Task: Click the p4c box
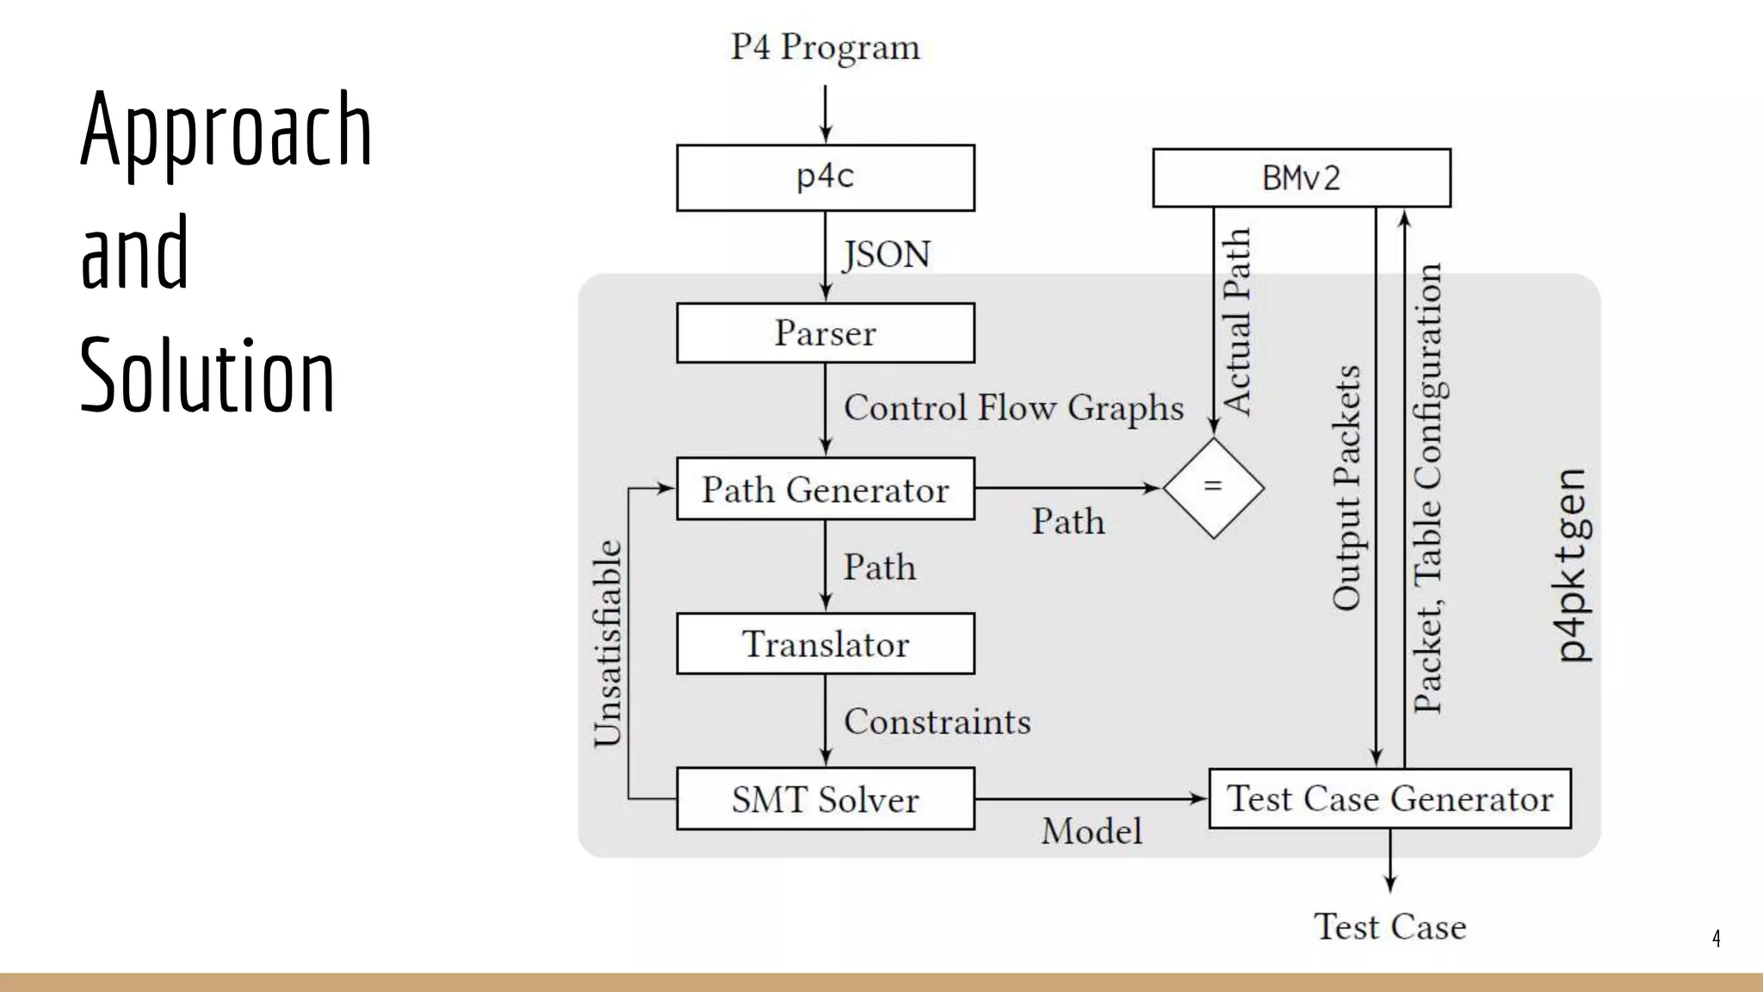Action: (825, 177)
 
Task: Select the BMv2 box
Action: (1301, 178)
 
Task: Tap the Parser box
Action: (825, 333)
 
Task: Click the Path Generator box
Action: (825, 489)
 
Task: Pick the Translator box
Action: (825, 644)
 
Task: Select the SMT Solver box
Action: (825, 799)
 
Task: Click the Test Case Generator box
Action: (1389, 799)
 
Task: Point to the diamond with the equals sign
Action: (1213, 488)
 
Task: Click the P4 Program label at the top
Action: (825, 47)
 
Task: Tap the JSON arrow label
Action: (886, 255)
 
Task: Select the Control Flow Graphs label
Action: (1013, 407)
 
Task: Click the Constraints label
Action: (937, 722)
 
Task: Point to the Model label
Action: (1092, 832)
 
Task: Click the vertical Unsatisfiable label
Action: (608, 643)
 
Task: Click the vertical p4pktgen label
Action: (1573, 566)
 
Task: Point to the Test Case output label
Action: (1389, 927)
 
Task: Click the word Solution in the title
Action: (207, 375)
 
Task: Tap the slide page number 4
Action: (1716, 938)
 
